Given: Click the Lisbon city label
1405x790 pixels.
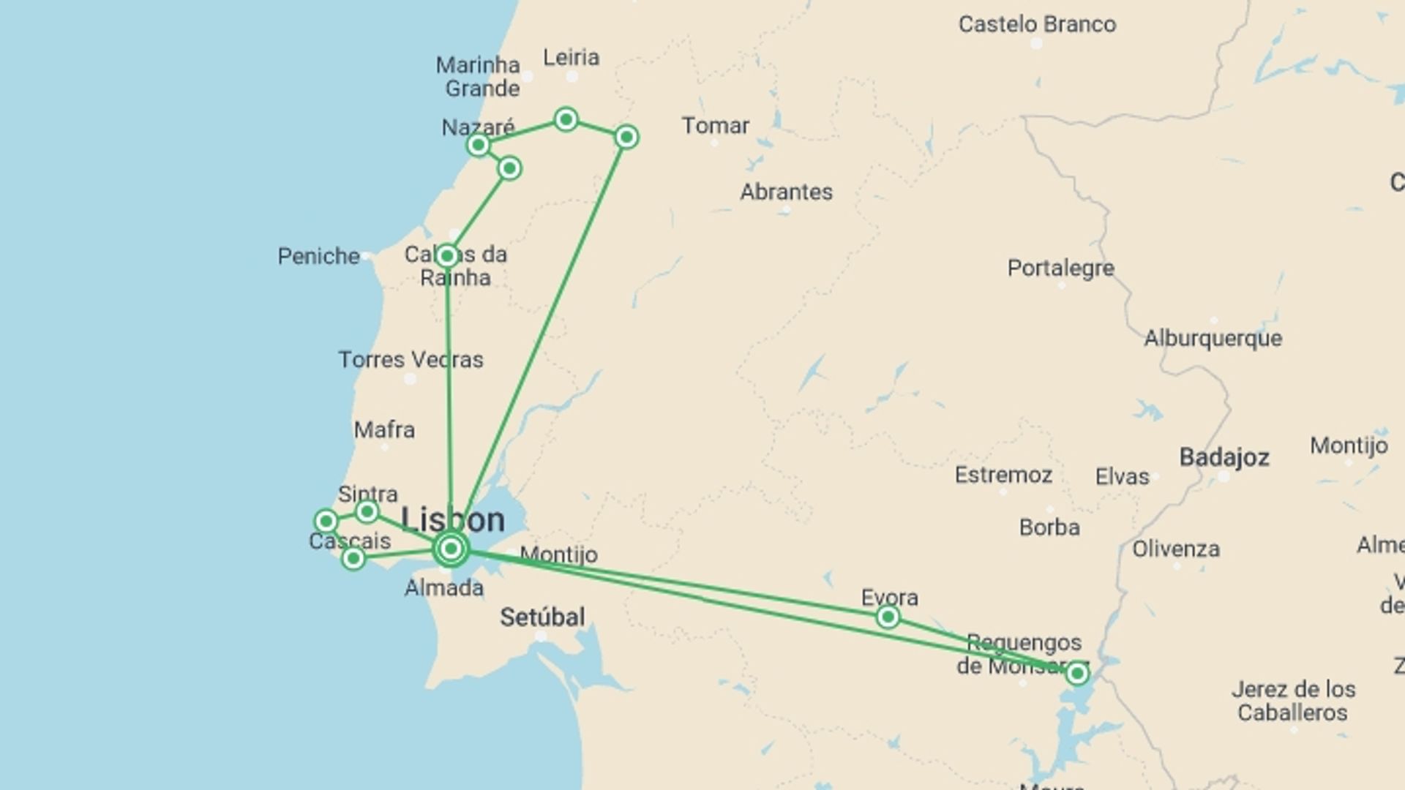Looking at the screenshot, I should point(453,520).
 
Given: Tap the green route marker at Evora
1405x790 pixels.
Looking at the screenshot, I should point(888,617).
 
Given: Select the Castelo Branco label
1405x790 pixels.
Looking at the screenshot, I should point(1037,24).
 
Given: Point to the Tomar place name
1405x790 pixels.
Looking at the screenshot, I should point(715,126).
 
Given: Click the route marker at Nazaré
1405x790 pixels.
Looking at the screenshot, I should point(478,145).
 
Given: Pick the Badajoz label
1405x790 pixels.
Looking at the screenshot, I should point(1224,458).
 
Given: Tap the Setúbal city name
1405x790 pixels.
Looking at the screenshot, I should point(542,617).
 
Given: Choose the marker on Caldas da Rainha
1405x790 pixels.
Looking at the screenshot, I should point(446,256).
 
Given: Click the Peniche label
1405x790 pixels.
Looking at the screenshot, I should point(318,256).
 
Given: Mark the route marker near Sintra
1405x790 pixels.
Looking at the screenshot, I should point(367,511).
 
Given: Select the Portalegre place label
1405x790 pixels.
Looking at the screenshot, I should point(1060,268).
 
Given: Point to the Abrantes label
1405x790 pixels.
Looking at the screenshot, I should point(786,192).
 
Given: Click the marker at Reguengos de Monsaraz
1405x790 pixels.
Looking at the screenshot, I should point(1076,673).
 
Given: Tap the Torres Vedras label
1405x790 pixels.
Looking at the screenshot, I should point(411,360).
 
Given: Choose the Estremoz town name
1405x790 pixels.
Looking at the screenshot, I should point(1003,475).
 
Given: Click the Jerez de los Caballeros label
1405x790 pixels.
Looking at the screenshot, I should point(1292,701).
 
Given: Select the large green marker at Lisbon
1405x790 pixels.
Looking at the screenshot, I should point(452,549).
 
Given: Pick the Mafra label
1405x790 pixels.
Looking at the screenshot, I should point(384,430).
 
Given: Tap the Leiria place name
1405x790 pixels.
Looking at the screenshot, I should point(572,57).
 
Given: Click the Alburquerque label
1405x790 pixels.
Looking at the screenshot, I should point(1213,339).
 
